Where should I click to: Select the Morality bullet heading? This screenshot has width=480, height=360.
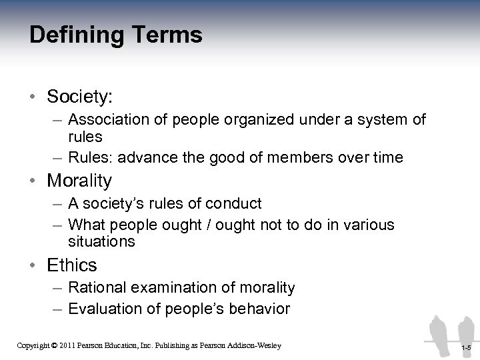coord(80,181)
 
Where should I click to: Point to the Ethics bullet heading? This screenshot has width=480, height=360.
coord(72,265)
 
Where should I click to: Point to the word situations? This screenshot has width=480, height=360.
coord(101,241)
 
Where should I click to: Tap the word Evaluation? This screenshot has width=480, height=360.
coord(102,309)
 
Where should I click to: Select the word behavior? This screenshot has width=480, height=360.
coord(260,309)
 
